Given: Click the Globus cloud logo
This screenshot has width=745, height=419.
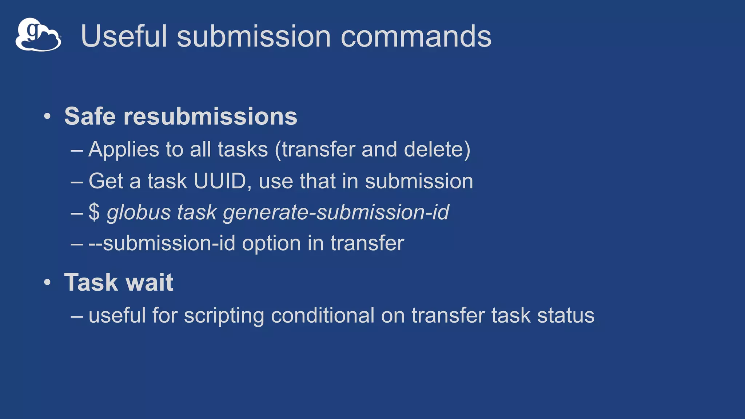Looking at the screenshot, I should click(38, 35).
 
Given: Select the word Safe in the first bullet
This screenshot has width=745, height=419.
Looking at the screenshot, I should click(89, 116).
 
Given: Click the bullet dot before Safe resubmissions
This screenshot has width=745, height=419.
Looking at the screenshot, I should click(47, 117).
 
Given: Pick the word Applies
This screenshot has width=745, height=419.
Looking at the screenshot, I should click(124, 149).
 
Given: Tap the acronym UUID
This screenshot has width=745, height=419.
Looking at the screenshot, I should click(220, 181).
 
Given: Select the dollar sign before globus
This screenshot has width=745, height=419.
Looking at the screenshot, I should click(94, 212).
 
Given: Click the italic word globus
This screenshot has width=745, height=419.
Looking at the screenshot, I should click(138, 212).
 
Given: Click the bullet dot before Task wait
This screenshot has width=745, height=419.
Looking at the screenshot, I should click(47, 283).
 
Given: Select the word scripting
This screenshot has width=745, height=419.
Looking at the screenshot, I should click(224, 315).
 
